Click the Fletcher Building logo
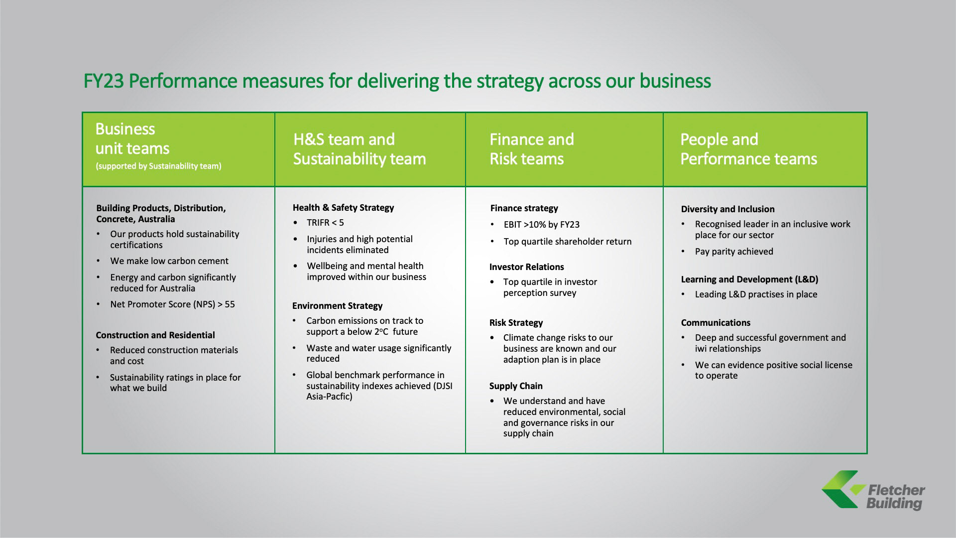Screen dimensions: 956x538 [x=873, y=491]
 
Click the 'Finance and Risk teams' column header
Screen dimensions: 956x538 [x=531, y=149]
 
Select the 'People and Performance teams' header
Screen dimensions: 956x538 [x=748, y=149]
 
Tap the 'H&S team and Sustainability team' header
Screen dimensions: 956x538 [x=359, y=149]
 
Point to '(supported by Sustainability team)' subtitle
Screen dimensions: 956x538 [x=158, y=166]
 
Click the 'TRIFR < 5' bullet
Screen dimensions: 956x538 [x=325, y=223]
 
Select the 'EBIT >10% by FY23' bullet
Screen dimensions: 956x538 [x=541, y=225]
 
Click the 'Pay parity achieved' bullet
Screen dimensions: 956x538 [x=734, y=252]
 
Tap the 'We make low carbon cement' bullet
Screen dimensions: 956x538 [x=169, y=261]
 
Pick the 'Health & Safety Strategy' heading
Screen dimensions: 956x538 [x=343, y=208]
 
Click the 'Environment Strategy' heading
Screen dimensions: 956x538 [x=337, y=306]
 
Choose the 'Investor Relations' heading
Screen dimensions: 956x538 [x=526, y=267]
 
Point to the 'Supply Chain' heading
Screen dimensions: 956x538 [x=516, y=386]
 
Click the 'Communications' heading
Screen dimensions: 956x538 [x=716, y=323]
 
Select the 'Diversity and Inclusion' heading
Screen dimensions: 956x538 [x=727, y=209]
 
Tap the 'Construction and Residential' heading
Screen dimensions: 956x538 [x=155, y=335]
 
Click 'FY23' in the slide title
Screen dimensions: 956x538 [x=104, y=81]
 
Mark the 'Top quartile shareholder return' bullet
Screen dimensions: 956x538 [x=567, y=242]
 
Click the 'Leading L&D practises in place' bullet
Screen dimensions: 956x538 [x=756, y=294]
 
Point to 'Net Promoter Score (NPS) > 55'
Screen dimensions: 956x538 [x=172, y=304]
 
